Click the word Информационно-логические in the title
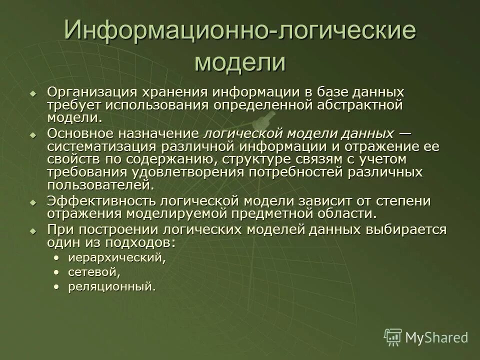click(239, 31)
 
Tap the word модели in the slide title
click(239, 63)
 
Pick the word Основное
click(81, 134)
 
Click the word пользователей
click(98, 185)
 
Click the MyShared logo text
click(436, 337)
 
